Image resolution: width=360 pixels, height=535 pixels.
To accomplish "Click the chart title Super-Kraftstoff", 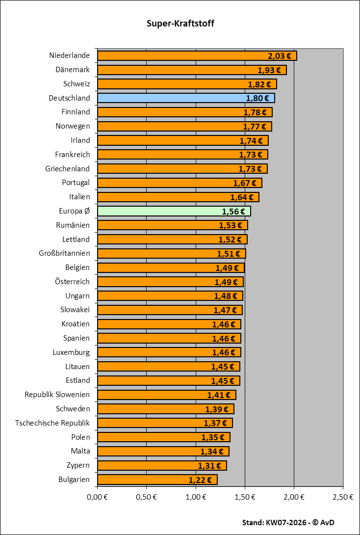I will (180, 24).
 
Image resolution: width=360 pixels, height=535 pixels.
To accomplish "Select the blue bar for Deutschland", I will (172, 98).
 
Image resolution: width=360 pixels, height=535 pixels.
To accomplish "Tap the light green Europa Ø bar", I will (157, 212).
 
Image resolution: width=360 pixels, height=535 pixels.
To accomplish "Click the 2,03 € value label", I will (280, 56).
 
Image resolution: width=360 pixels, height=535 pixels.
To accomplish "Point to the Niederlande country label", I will (70, 55).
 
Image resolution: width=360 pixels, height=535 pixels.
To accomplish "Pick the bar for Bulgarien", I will (142, 480).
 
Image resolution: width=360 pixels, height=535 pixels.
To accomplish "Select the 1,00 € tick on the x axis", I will (196, 497).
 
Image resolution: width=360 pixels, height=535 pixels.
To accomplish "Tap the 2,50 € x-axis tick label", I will (343, 497).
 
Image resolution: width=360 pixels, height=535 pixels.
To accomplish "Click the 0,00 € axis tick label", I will (97, 497).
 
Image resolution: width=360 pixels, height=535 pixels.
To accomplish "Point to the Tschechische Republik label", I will (52, 423).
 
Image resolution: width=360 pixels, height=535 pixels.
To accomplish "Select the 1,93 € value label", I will (270, 70).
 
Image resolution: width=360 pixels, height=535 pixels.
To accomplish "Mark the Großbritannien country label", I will (64, 253).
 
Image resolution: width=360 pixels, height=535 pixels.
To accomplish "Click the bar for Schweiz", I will (172, 84).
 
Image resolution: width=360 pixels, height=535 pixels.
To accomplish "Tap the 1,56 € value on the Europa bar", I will (233, 212).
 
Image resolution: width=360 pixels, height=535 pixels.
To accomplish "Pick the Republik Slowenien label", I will (57, 395).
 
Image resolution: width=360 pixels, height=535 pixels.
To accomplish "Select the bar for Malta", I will (147, 452).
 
